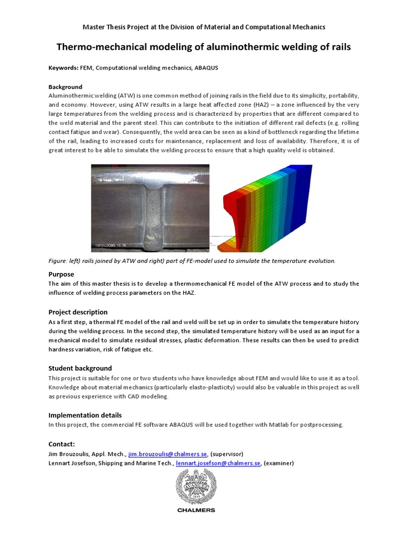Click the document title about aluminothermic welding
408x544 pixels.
(x=203, y=47)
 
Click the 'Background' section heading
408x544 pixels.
(x=65, y=87)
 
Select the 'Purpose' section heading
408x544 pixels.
(x=61, y=274)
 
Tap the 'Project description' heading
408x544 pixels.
(x=78, y=312)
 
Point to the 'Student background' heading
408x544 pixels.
(x=80, y=368)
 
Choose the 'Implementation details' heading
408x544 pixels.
(x=85, y=415)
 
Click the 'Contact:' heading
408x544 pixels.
(x=62, y=444)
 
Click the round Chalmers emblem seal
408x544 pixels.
(x=196, y=488)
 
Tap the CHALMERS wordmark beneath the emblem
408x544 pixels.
(x=196, y=511)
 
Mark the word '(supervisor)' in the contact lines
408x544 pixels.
(x=227, y=454)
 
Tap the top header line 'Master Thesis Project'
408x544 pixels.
(x=203, y=27)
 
